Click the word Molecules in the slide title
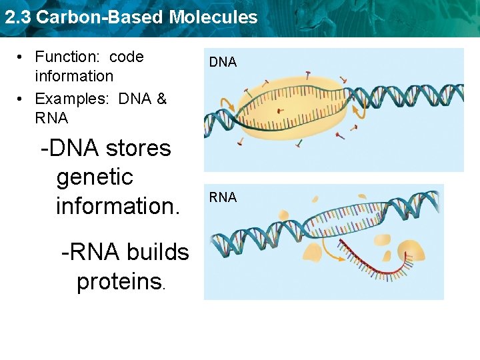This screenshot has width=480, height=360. tap(213, 17)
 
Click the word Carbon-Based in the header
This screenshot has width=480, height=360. tap(100, 17)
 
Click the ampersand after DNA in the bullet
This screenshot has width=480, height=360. tap(161, 99)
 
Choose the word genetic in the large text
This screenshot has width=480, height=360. tap(95, 177)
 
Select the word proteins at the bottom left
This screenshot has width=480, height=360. tap(119, 282)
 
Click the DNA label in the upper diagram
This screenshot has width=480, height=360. tap(223, 62)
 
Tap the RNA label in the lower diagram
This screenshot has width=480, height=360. tap(223, 197)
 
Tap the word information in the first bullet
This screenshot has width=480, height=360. tap(73, 76)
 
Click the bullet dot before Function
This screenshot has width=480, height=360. tap(22, 58)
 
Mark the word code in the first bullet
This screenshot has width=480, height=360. tap(127, 57)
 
